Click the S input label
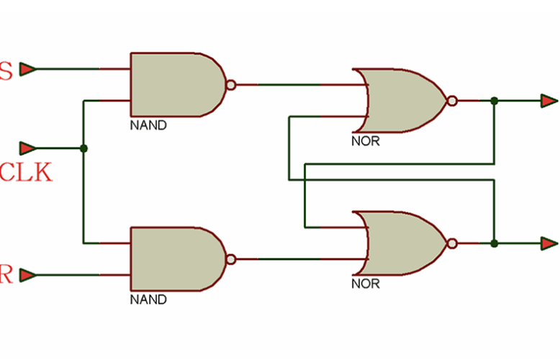click(6, 71)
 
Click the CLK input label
click(26, 173)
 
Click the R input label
click(6, 275)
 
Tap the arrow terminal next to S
click(27, 69)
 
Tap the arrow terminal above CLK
click(27, 148)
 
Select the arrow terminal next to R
click(27, 275)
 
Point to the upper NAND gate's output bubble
click(230, 84)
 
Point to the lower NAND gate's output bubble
click(230, 259)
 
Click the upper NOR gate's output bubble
click(451, 101)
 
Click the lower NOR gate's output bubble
click(451, 243)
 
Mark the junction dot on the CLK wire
click(83, 148)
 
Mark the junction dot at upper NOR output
click(494, 101)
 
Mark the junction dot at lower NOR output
click(494, 243)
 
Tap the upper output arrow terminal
click(549, 101)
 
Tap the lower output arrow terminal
click(549, 243)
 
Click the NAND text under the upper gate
click(148, 125)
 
